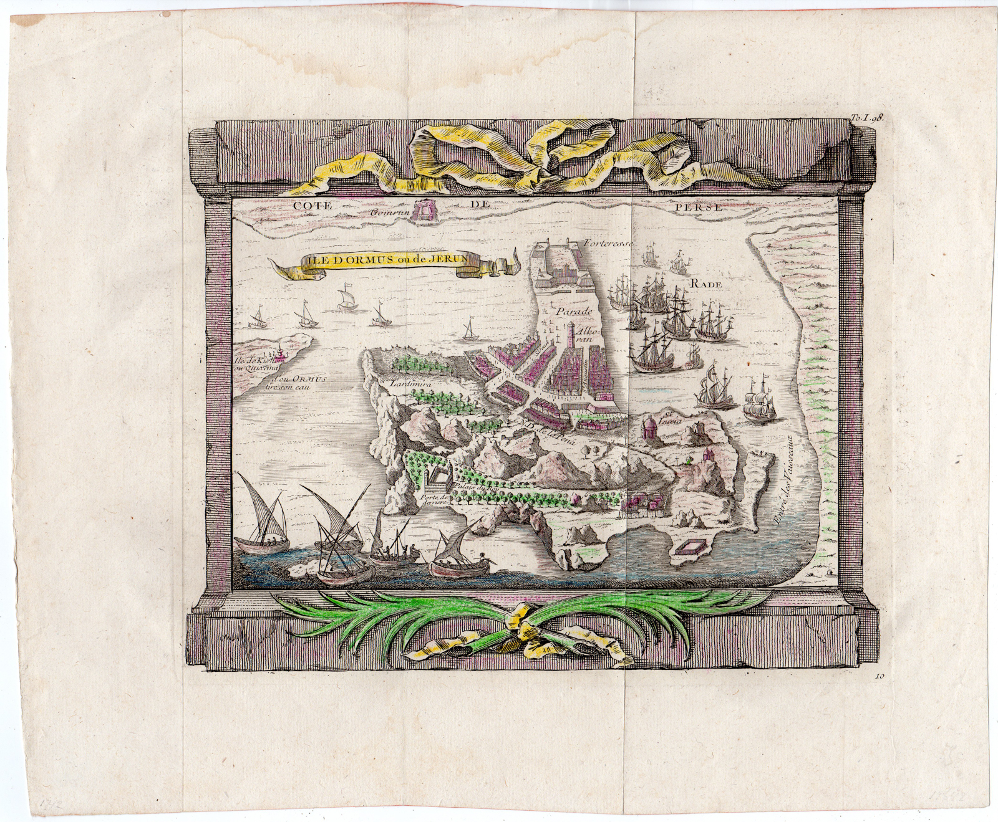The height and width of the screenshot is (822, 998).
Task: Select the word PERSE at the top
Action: point(700,208)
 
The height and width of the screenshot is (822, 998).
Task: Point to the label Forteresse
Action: point(605,244)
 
